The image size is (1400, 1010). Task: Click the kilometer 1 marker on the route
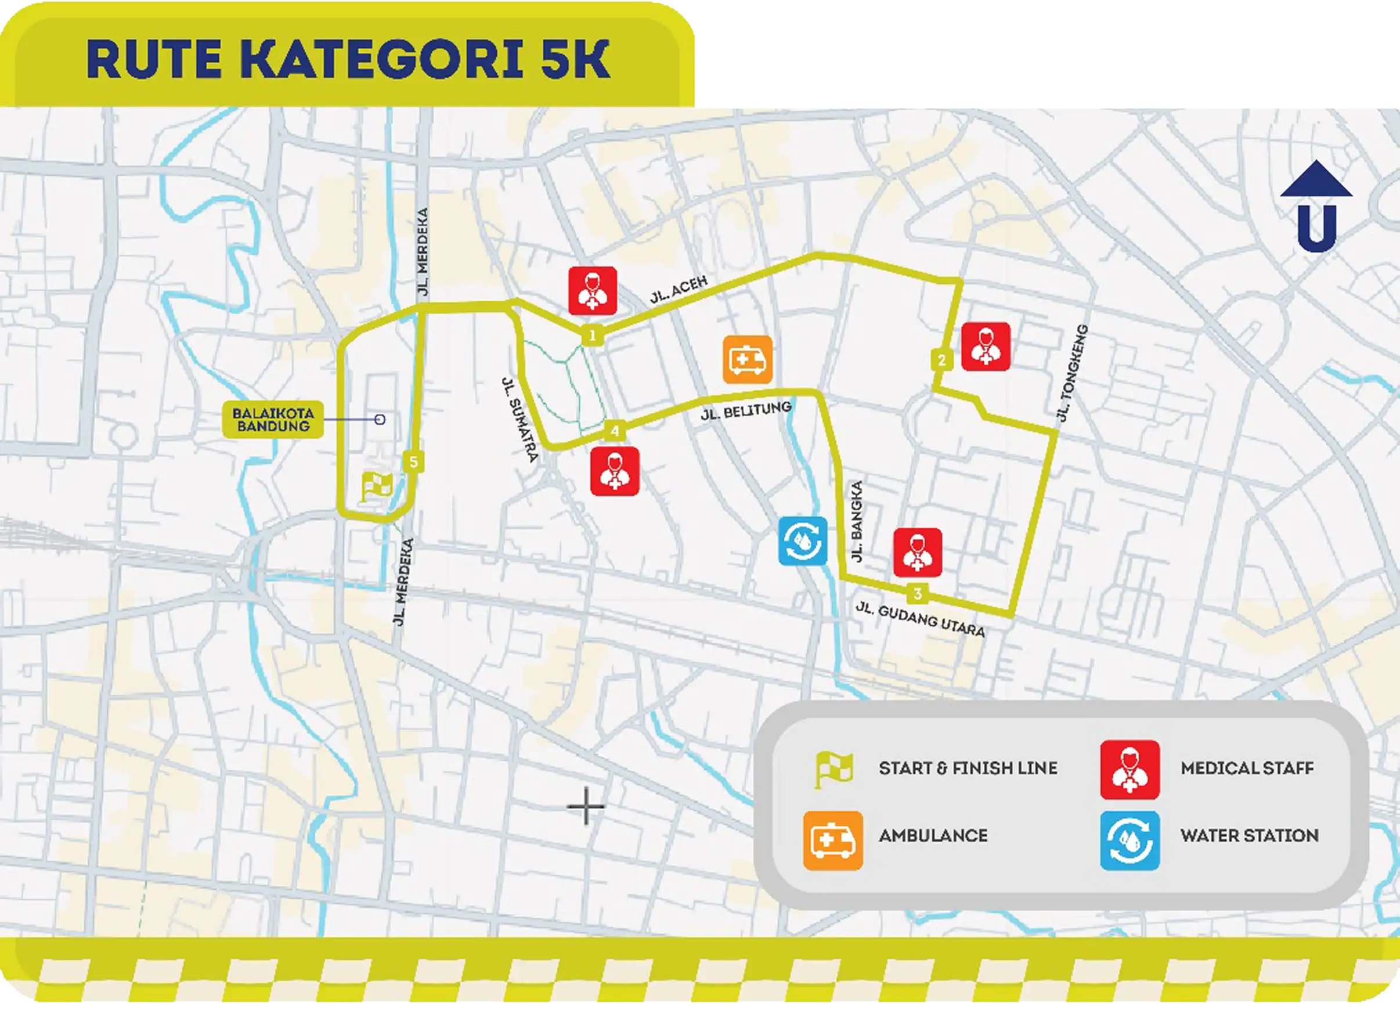(x=592, y=337)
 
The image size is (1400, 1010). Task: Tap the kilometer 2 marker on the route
(x=941, y=360)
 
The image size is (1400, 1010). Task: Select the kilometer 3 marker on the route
(x=918, y=594)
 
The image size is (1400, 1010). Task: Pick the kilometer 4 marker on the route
(x=615, y=431)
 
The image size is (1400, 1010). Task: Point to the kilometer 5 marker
(x=414, y=462)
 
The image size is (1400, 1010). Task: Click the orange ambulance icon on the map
(x=748, y=359)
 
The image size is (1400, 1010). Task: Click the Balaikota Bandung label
(x=273, y=420)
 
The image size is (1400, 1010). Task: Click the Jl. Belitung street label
(x=746, y=411)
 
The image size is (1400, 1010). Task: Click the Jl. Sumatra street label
(x=519, y=419)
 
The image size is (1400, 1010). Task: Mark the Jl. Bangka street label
(x=856, y=522)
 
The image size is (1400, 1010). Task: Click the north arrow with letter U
(x=1316, y=207)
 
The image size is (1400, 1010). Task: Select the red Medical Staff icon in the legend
(x=1130, y=769)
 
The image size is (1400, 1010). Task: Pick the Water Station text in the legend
(x=1250, y=836)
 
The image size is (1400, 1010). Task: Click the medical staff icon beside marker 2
(x=986, y=347)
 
